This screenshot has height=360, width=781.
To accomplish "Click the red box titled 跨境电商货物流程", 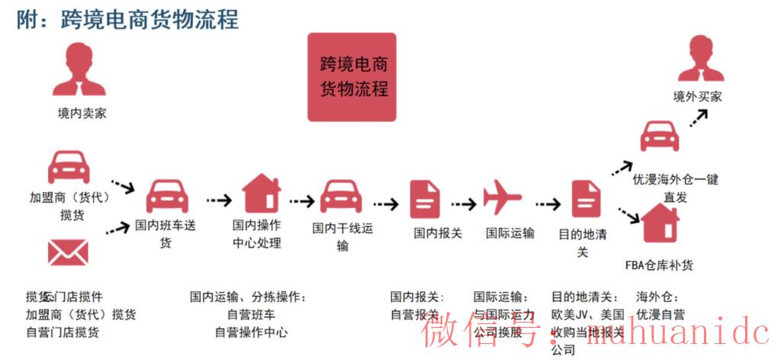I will [352, 77].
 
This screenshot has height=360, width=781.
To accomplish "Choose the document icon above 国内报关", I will [426, 198].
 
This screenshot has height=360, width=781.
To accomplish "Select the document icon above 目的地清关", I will [586, 198].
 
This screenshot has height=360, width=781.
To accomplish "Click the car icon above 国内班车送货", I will [167, 196].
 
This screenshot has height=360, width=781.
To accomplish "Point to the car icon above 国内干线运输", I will [341, 196].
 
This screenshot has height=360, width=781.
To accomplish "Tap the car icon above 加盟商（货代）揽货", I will [69, 166].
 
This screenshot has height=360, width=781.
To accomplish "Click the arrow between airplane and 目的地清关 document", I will [548, 204].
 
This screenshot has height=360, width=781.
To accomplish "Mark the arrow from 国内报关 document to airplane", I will [463, 204].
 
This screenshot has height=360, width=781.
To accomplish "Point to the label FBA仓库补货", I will [659, 265].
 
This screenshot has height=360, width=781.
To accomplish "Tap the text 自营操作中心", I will [251, 332].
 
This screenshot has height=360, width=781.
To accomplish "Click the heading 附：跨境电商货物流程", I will [127, 19].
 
